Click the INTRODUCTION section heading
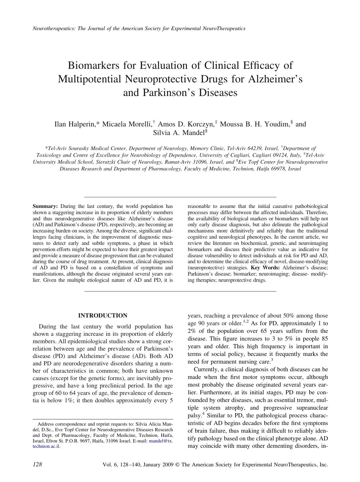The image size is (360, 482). coord(102,316)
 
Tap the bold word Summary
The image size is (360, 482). coord(45,206)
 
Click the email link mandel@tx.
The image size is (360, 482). coord(161,441)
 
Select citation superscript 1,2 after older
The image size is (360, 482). coord(246,322)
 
